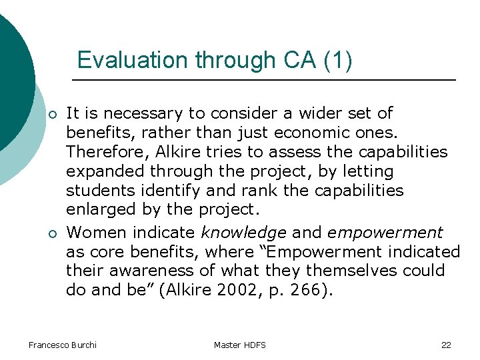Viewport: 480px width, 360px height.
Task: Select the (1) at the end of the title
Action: click(338, 60)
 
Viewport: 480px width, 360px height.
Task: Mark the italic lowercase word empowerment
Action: click(385, 233)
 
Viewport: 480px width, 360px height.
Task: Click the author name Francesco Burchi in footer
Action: click(62, 345)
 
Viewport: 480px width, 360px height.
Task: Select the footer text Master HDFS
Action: click(239, 345)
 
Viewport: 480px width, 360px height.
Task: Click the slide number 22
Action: click(446, 345)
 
